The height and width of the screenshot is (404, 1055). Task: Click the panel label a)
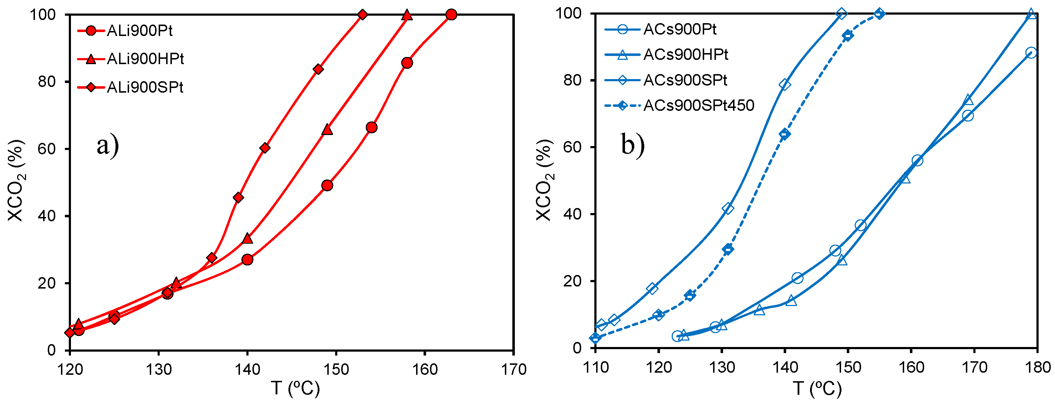pyautogui.click(x=108, y=145)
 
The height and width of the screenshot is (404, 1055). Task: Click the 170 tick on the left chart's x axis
pyautogui.click(x=513, y=369)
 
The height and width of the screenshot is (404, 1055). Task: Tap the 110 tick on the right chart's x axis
pyautogui.click(x=595, y=367)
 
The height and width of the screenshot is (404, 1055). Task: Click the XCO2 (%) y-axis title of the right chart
pyautogui.click(x=544, y=180)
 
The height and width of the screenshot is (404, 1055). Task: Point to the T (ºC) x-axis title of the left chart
pyautogui.click(x=295, y=388)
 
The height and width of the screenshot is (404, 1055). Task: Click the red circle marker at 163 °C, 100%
pyautogui.click(x=451, y=15)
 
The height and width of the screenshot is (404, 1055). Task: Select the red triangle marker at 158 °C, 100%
pyautogui.click(x=407, y=16)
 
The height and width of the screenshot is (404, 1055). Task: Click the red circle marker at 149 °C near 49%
pyautogui.click(x=327, y=185)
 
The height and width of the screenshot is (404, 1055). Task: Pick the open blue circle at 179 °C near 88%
pyautogui.click(x=1031, y=53)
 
